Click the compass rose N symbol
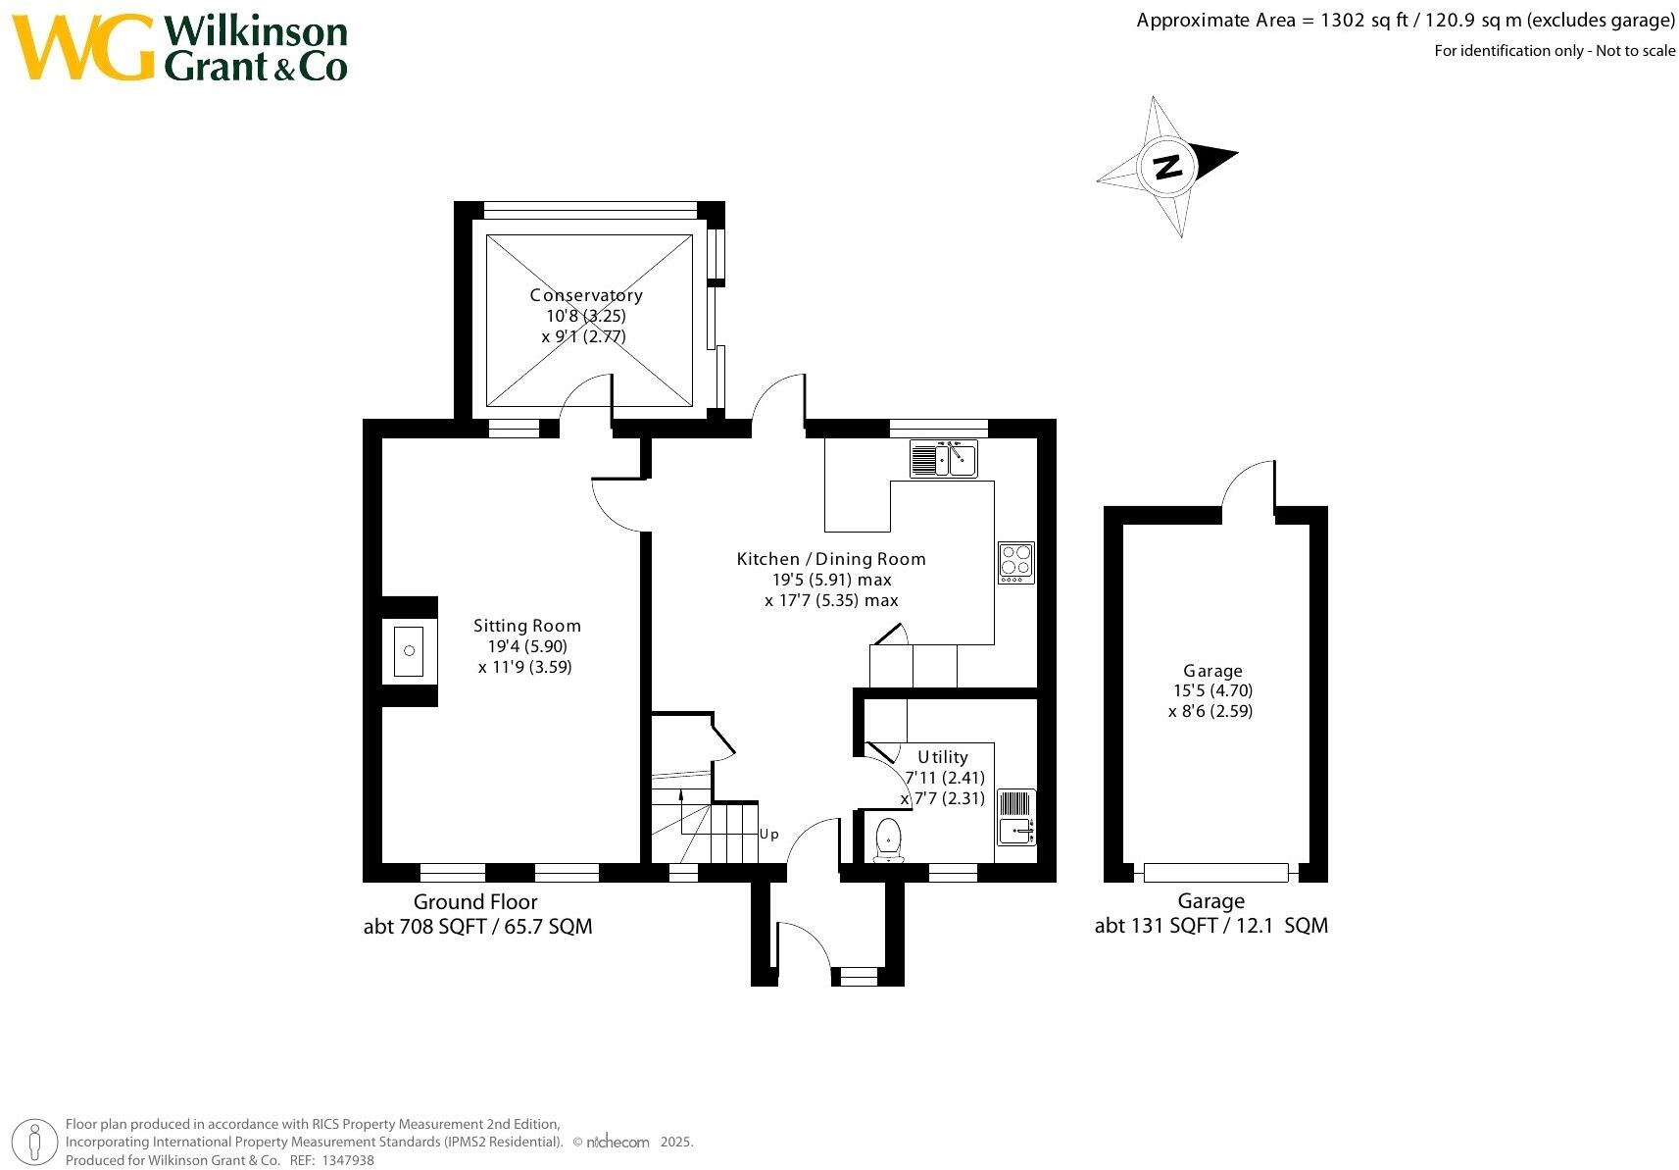click(x=1166, y=167)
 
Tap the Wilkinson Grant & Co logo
click(x=181, y=47)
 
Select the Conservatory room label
click(x=586, y=295)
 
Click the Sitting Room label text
click(x=527, y=626)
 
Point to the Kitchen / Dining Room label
click(x=831, y=559)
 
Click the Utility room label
click(x=943, y=757)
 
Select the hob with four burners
click(x=1016, y=563)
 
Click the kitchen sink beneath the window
click(x=944, y=459)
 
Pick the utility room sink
click(x=1016, y=818)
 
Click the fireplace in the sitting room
click(x=409, y=651)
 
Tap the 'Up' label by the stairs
click(x=769, y=835)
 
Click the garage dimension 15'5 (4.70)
click(x=1213, y=690)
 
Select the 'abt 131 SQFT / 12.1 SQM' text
click(x=1210, y=926)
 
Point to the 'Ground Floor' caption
click(x=475, y=902)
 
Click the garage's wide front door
click(x=1215, y=872)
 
